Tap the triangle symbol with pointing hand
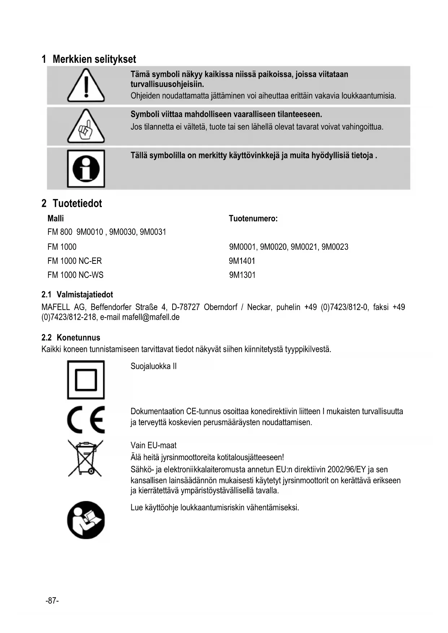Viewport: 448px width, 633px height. pyautogui.click(x=86, y=127)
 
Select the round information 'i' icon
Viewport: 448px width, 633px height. pyautogui.click(x=86, y=169)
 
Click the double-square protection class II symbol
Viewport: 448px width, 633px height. pyautogui.click(x=86, y=380)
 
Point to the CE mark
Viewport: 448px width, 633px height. pyautogui.click(x=86, y=419)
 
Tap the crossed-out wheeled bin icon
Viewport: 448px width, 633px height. pyautogui.click(x=86, y=458)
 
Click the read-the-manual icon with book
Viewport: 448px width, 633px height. pyautogui.click(x=86, y=520)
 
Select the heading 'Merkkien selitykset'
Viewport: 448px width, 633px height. pyautogui.click(x=94, y=59)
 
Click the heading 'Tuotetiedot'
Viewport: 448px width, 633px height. pyautogui.click(x=77, y=204)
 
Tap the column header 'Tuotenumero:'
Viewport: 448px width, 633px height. pyautogui.click(x=253, y=218)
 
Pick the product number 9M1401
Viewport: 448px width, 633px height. pyautogui.click(x=242, y=261)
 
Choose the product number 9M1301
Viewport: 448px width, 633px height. pyautogui.click(x=242, y=275)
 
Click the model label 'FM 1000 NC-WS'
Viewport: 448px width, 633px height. pyautogui.click(x=75, y=275)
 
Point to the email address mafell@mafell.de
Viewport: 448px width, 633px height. pyautogui.click(x=151, y=317)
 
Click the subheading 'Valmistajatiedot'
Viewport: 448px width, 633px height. pyautogui.click(x=84, y=294)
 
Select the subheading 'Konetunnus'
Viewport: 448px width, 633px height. pyautogui.click(x=78, y=338)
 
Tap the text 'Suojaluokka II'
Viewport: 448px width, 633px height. pyautogui.click(x=153, y=366)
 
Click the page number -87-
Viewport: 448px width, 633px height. pyautogui.click(x=52, y=601)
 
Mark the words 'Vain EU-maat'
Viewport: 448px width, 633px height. pyautogui.click(x=153, y=445)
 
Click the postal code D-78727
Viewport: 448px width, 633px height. pyautogui.click(x=186, y=307)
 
